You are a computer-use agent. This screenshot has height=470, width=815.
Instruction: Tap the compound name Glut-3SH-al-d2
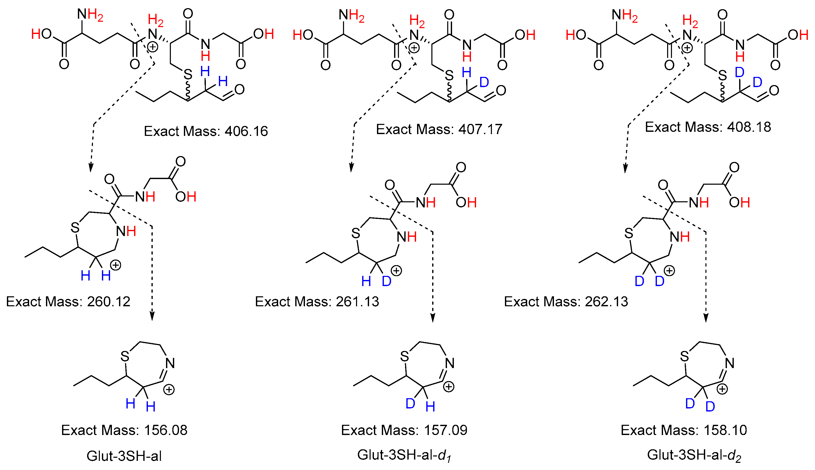click(694, 455)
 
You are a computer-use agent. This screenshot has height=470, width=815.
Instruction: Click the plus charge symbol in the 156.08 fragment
click(169, 390)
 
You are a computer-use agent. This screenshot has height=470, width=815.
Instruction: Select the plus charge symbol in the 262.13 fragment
click(669, 271)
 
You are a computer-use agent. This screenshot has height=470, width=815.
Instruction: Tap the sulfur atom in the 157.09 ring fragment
click(404, 356)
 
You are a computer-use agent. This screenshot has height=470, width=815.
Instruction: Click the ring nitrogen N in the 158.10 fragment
click(729, 363)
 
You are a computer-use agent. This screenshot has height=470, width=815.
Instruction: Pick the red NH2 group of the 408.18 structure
click(625, 16)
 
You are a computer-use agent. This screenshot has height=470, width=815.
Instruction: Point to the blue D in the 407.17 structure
click(484, 82)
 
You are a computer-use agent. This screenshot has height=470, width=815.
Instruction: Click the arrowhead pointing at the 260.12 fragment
click(91, 168)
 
